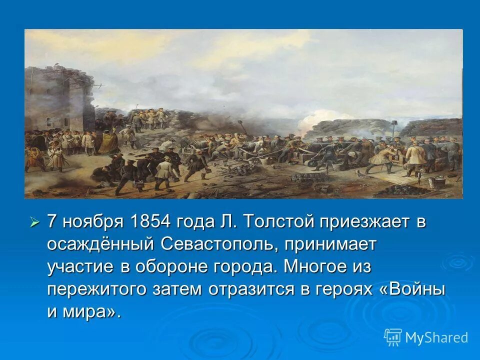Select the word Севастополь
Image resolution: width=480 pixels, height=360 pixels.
[217, 244]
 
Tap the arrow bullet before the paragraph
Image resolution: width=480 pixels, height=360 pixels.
[34, 221]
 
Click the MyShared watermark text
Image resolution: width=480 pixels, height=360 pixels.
[436, 337]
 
